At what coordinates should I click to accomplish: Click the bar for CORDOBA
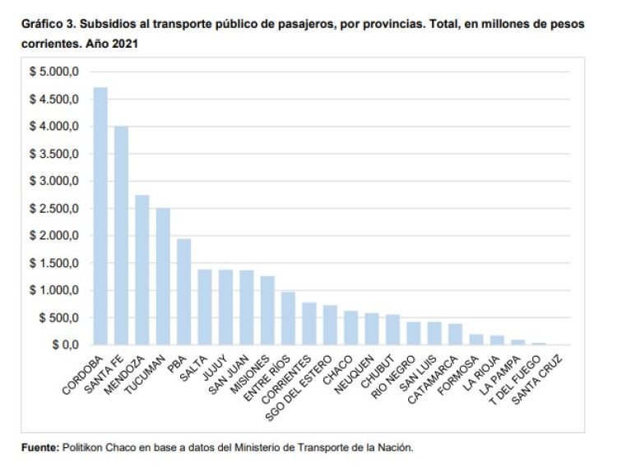pyautogui.click(x=100, y=215)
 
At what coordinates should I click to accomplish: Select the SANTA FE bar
pyautogui.click(x=121, y=235)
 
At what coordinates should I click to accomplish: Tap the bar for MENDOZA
pyautogui.click(x=142, y=270)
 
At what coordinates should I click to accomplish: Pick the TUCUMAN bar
pyautogui.click(x=163, y=276)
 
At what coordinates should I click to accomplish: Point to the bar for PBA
pyautogui.click(x=184, y=292)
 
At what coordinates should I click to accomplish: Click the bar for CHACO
pyautogui.click(x=350, y=327)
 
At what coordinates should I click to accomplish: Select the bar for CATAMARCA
pyautogui.click(x=455, y=334)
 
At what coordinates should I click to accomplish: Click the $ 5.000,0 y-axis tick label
pyautogui.click(x=54, y=72)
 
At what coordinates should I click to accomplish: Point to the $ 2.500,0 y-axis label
pyautogui.click(x=54, y=208)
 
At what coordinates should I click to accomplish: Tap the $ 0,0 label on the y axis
pyautogui.click(x=63, y=344)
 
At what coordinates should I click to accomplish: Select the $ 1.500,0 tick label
pyautogui.click(x=54, y=263)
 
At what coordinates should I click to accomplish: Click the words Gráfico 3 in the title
pyautogui.click(x=49, y=25)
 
